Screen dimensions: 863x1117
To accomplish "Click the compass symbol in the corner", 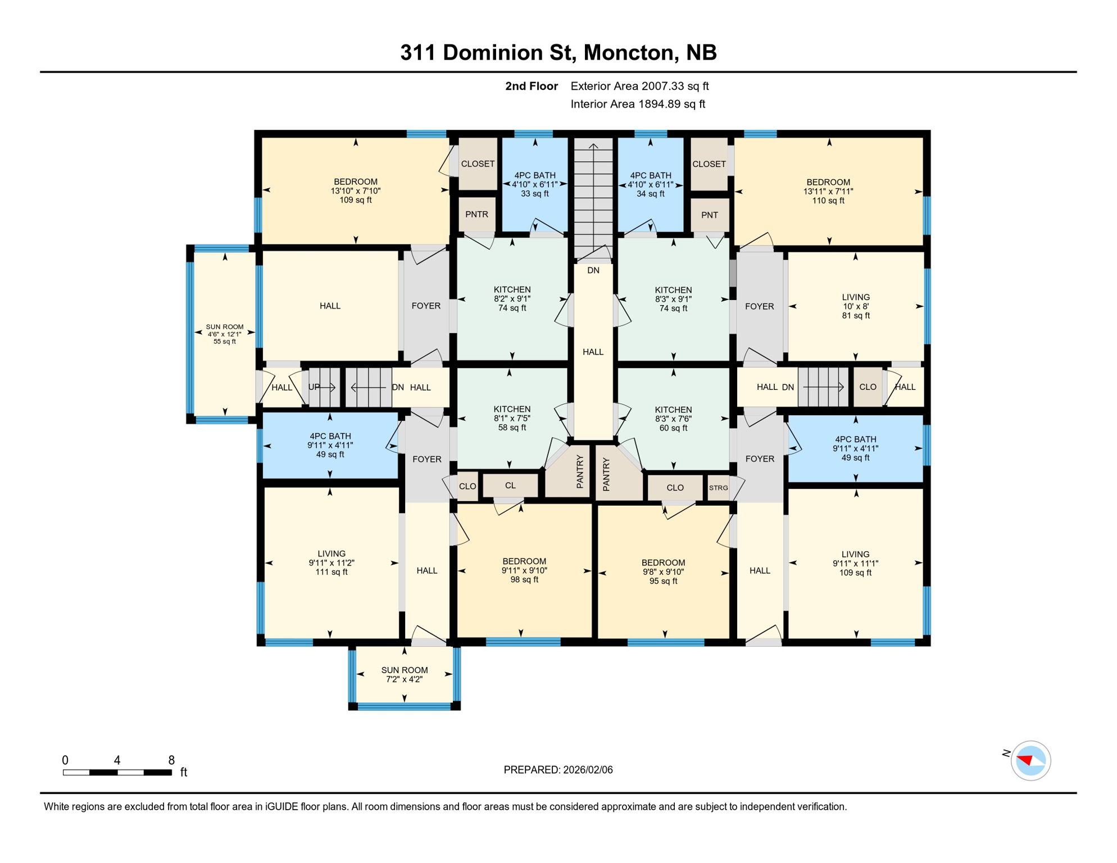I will click(x=1030, y=761).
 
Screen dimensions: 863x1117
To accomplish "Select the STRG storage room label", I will click(x=718, y=488).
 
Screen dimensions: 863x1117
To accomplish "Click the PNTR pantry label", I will click(x=476, y=214).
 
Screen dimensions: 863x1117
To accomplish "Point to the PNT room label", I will click(x=709, y=215).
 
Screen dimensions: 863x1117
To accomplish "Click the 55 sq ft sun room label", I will click(x=225, y=334).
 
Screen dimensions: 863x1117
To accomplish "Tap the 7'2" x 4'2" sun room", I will click(x=405, y=674).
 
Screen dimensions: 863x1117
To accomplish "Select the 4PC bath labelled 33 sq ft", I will click(x=534, y=184).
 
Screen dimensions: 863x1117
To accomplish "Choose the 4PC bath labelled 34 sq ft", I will click(x=650, y=184).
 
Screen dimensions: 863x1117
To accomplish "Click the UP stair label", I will click(x=314, y=387).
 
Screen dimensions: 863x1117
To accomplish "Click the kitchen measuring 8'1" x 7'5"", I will click(x=512, y=418).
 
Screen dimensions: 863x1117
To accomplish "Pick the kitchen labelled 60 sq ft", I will click(x=673, y=419).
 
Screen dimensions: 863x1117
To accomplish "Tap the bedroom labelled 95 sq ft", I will click(x=663, y=571).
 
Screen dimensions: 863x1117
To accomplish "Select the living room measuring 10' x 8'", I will click(x=855, y=306).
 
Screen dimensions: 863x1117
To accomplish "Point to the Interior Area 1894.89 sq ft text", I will click(x=638, y=104).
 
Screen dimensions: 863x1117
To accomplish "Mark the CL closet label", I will click(x=510, y=485).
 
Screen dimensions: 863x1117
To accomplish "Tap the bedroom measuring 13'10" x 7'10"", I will click(x=355, y=190).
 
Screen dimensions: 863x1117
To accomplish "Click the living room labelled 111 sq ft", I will click(x=331, y=562).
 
